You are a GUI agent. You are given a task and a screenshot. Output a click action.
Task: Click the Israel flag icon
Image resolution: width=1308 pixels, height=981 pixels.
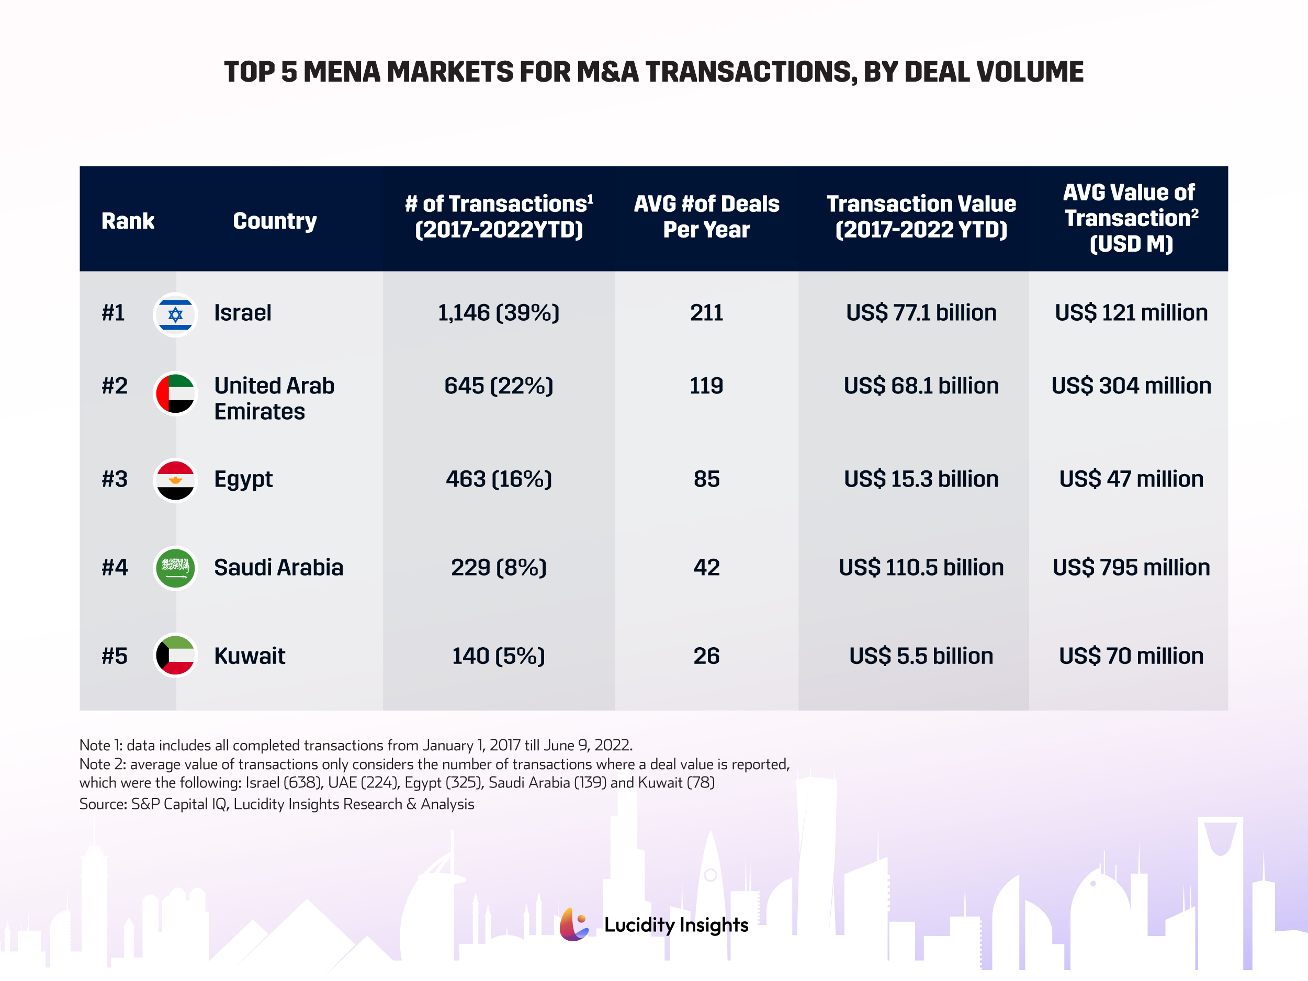point(175,314)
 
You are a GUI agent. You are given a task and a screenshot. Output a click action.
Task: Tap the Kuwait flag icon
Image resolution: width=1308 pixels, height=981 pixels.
point(175,655)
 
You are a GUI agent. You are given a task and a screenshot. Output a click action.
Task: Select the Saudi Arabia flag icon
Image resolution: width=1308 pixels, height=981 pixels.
point(175,568)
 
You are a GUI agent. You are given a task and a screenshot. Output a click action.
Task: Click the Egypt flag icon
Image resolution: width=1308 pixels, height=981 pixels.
point(175,480)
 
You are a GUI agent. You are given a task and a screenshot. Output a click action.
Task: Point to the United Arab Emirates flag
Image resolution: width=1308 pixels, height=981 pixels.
point(175,393)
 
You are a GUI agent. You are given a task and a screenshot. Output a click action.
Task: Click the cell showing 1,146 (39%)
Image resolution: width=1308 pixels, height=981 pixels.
point(499,313)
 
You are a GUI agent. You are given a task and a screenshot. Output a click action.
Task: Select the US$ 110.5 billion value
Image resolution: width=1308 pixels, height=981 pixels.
point(921,568)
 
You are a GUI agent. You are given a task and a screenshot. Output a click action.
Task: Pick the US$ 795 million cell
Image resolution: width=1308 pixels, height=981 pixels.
point(1131,568)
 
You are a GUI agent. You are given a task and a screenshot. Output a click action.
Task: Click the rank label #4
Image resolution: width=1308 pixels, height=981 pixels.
point(115,568)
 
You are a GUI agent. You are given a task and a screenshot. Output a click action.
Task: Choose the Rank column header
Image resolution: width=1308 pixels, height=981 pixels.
point(128,221)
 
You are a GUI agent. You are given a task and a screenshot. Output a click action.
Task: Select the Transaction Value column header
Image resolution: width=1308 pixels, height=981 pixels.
point(921,217)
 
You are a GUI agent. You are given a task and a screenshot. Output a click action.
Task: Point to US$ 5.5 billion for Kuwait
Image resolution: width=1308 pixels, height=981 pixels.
point(921,656)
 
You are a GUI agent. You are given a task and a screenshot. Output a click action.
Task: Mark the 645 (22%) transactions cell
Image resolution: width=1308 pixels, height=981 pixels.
point(499,386)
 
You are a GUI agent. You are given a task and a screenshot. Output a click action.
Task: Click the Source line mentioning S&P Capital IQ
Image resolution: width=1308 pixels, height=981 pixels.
point(277,804)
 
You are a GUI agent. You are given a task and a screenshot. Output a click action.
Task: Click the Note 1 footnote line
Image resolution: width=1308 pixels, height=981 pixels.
point(355,745)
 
